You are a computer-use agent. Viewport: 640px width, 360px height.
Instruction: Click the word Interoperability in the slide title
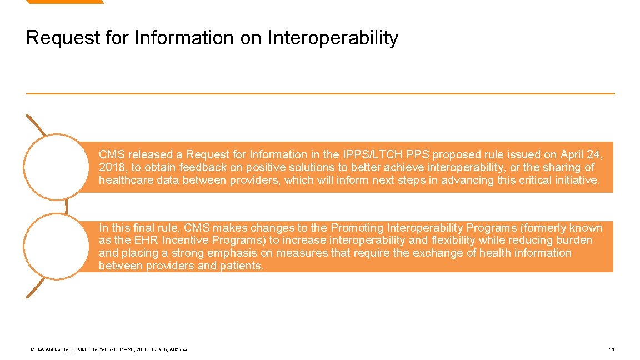333,38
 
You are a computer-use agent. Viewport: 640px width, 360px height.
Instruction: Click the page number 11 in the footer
612,349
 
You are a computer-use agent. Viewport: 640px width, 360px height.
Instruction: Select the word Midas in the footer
37,349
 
